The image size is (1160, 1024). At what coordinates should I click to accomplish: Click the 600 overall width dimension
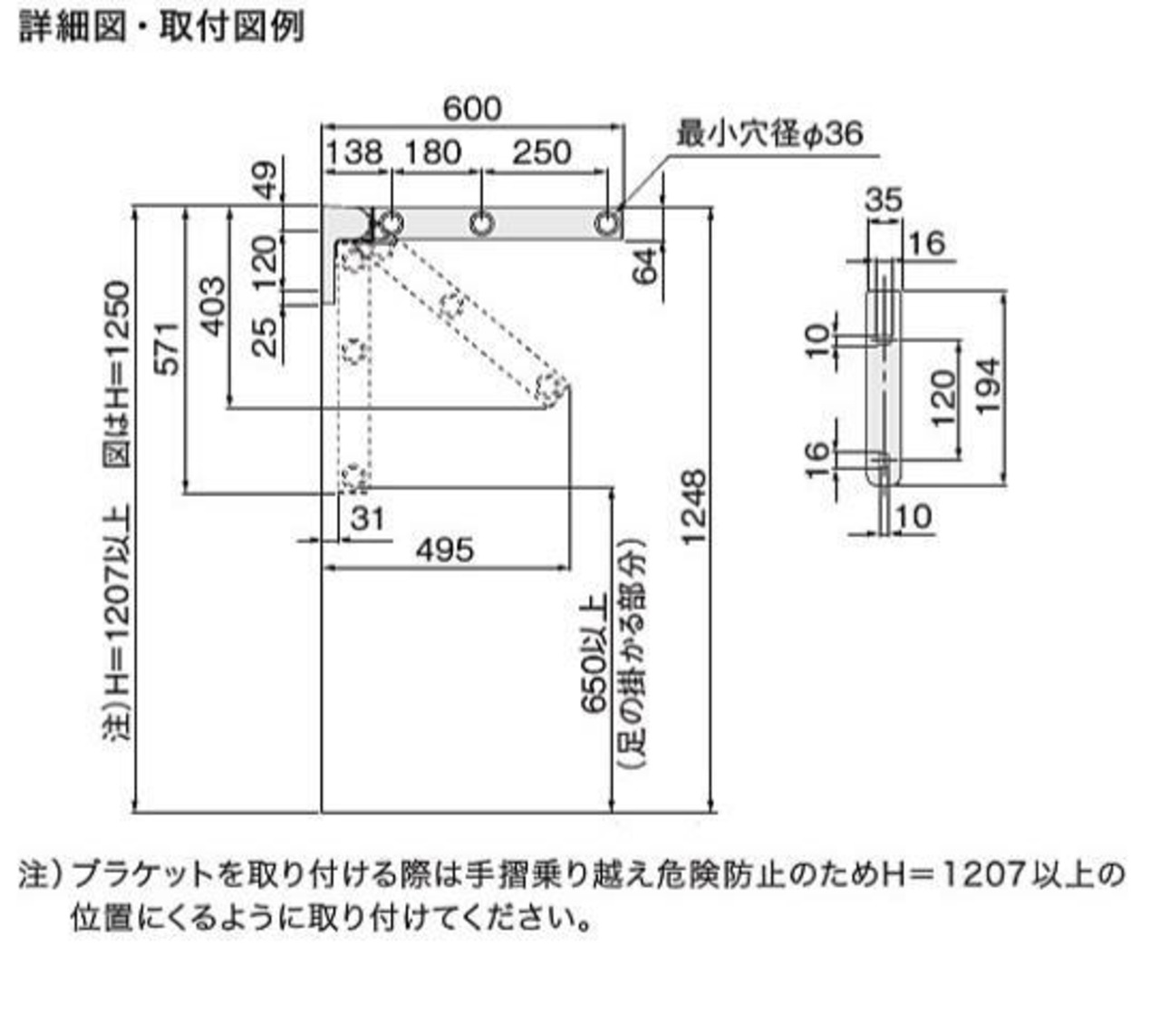coord(471,110)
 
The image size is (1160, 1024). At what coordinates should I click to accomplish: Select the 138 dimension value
coord(353,151)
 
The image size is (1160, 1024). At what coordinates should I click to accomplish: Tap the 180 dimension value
coord(433,151)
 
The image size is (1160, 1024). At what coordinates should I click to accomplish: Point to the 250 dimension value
coord(541,151)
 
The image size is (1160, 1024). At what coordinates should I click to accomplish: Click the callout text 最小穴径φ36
coord(768,134)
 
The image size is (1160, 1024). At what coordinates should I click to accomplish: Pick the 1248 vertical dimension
coord(693,507)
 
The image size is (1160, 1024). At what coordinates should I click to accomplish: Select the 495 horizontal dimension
coord(445,550)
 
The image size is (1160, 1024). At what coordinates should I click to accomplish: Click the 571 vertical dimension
coord(168,347)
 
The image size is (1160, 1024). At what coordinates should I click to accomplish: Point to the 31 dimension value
coord(368,519)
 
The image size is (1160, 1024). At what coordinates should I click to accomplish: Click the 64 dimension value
coord(645,266)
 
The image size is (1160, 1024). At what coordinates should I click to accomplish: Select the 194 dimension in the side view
coord(989,386)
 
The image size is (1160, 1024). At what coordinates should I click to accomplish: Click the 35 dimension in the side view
coord(884,199)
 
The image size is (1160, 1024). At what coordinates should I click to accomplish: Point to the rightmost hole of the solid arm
coord(607,222)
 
